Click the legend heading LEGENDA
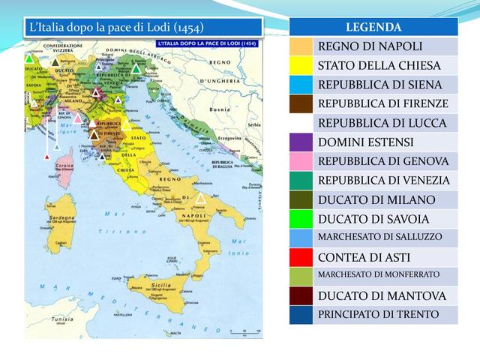pyautogui.click(x=374, y=27)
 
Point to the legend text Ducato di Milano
pyautogui.click(x=376, y=199)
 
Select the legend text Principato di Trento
pyautogui.click(x=379, y=314)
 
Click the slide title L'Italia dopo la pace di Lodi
pyautogui.click(x=115, y=28)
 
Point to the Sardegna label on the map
pyautogui.click(x=62, y=217)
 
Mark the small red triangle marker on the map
pyautogui.click(x=47, y=157)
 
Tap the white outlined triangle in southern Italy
pyautogui.click(x=201, y=199)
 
